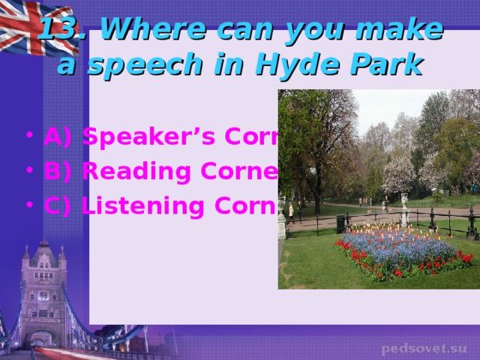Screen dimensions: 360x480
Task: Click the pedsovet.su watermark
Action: tap(423, 349)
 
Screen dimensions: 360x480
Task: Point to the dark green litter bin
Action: tap(340, 223)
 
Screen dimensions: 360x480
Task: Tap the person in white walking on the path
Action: tap(291, 212)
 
